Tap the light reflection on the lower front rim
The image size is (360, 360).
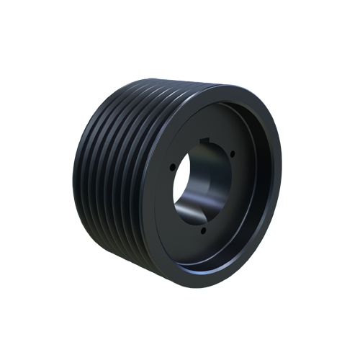[216, 271]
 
